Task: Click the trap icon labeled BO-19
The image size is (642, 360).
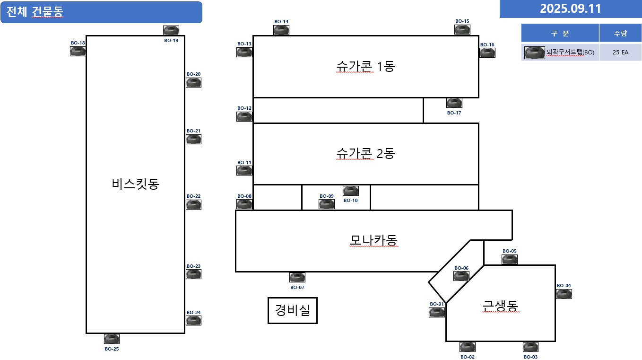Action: pos(171,30)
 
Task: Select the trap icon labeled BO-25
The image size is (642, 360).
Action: pos(112,339)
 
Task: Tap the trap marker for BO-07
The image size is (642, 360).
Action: pos(297,277)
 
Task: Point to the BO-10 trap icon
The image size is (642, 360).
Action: pos(350,191)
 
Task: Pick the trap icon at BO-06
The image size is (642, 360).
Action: pos(462,276)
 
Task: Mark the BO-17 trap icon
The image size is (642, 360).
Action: pos(454,103)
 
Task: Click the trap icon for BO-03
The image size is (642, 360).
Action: pos(530,347)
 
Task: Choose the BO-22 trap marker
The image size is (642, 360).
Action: pos(193,204)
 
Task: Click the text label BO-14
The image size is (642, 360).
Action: pos(281,21)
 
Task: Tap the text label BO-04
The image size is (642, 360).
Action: pos(564,285)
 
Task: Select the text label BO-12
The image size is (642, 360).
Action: pos(244,108)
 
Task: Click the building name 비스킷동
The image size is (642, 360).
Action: pos(136,184)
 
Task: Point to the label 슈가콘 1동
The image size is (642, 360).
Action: pos(365,67)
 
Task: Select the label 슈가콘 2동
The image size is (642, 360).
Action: pos(365,153)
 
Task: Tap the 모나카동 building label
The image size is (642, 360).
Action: pos(373,240)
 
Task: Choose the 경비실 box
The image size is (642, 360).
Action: pos(293,310)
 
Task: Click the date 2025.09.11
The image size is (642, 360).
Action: pos(570,9)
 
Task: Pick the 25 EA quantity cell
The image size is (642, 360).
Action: pos(620,53)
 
